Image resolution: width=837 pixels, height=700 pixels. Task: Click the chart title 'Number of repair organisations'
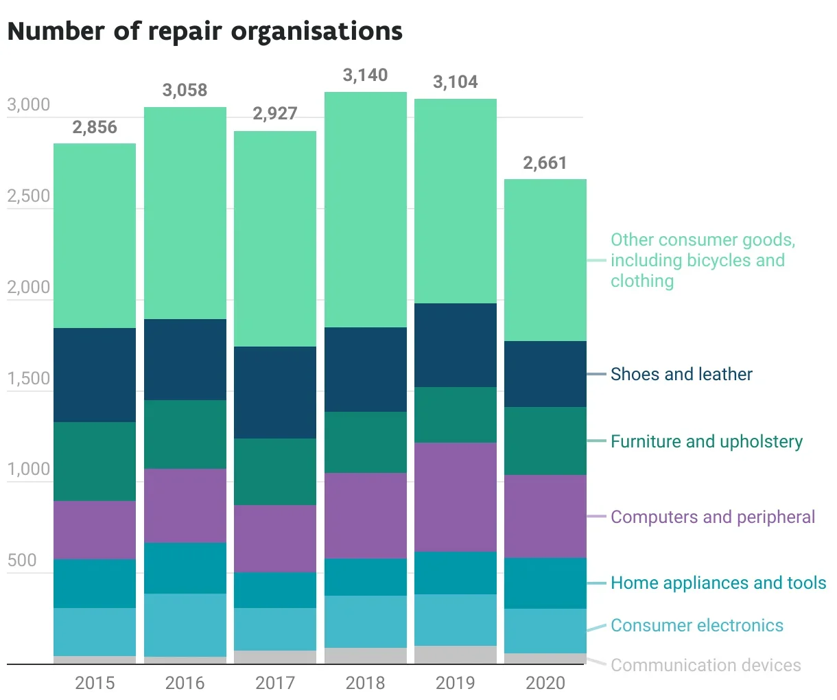point(204,32)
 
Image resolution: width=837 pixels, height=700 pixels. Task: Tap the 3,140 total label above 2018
point(365,75)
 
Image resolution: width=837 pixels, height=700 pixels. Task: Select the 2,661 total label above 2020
point(545,163)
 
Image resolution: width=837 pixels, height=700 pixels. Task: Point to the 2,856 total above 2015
point(95,128)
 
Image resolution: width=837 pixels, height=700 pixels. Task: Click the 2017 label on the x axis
point(274,683)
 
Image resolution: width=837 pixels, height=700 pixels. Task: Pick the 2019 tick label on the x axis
point(455,683)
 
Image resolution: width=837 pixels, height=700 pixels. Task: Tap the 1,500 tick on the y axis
point(29,379)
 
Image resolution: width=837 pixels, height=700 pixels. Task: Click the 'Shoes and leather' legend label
point(681,374)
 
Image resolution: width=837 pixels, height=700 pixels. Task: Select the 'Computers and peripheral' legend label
point(713,517)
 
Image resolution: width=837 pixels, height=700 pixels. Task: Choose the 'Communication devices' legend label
point(705,665)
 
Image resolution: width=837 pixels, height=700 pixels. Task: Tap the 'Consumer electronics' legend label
point(696,625)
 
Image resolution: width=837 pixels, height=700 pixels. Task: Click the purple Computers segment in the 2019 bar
point(455,497)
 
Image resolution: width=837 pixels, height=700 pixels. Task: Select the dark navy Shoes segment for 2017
point(274,393)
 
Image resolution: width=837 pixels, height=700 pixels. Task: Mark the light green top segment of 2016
point(185,213)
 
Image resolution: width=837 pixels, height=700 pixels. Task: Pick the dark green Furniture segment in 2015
point(95,461)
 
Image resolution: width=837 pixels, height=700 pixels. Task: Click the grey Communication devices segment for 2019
point(455,655)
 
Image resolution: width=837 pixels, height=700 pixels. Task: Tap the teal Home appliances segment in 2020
point(545,583)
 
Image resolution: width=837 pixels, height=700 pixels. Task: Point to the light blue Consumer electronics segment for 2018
point(365,621)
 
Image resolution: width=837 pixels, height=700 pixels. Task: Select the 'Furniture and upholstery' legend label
point(706,441)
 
